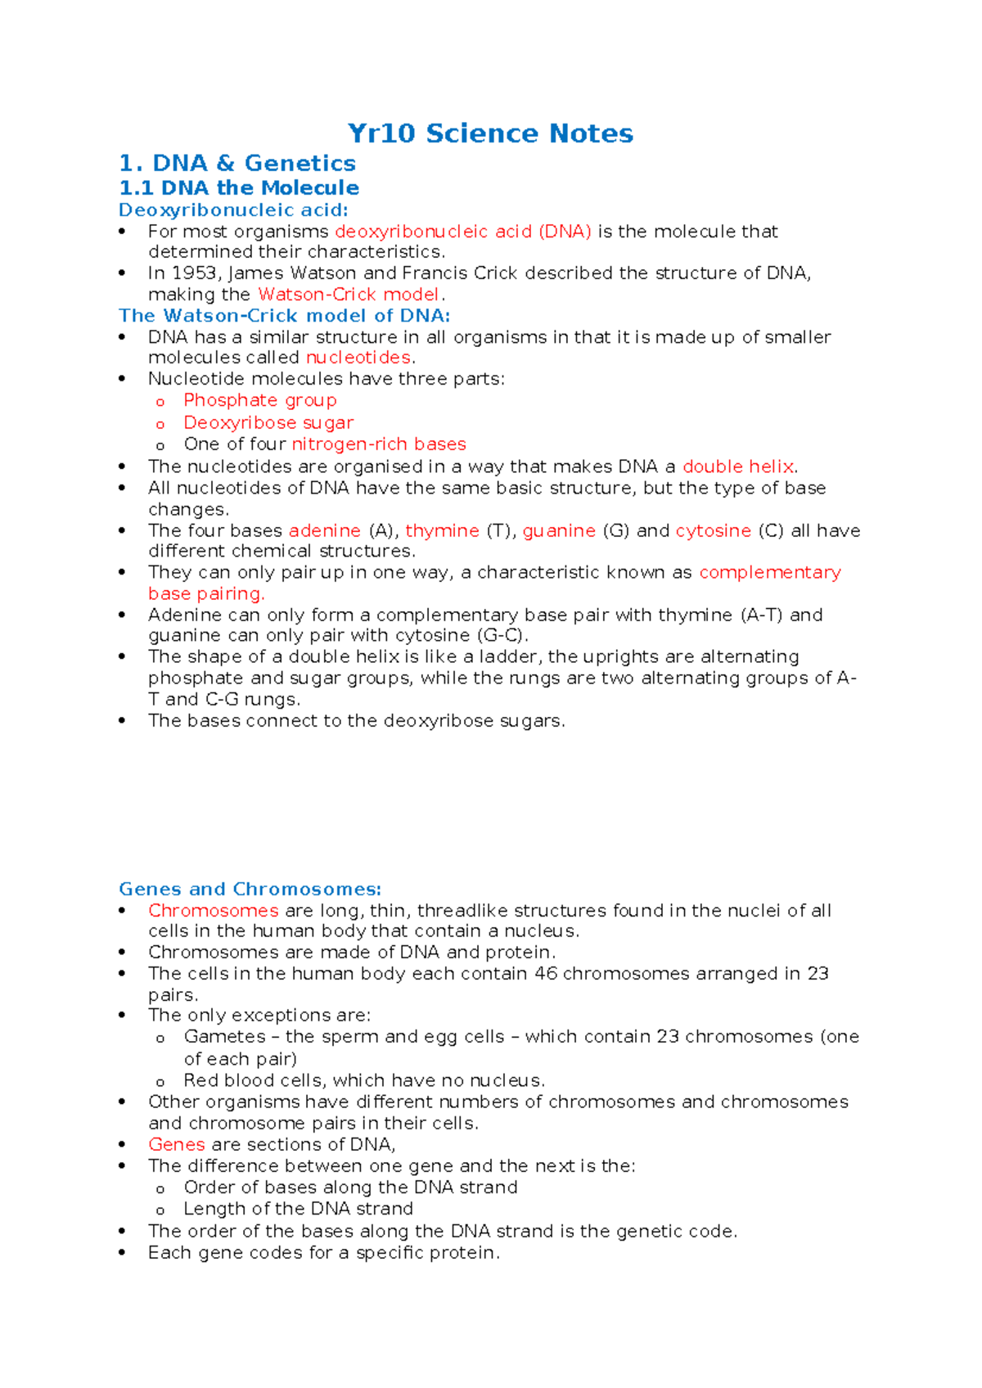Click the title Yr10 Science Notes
click(490, 133)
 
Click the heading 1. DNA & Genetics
click(237, 163)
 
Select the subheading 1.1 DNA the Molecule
click(239, 187)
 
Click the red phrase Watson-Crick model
click(349, 295)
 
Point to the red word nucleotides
click(358, 358)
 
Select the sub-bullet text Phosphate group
click(260, 400)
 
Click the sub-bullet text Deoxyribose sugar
click(268, 423)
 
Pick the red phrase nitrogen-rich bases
click(379, 444)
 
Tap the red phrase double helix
click(738, 466)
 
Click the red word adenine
click(325, 530)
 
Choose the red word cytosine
click(714, 530)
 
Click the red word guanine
click(559, 530)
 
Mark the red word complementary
click(770, 572)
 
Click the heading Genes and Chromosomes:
click(250, 889)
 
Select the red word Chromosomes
click(214, 910)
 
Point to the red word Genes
click(177, 1144)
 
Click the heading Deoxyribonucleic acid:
click(233, 210)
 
